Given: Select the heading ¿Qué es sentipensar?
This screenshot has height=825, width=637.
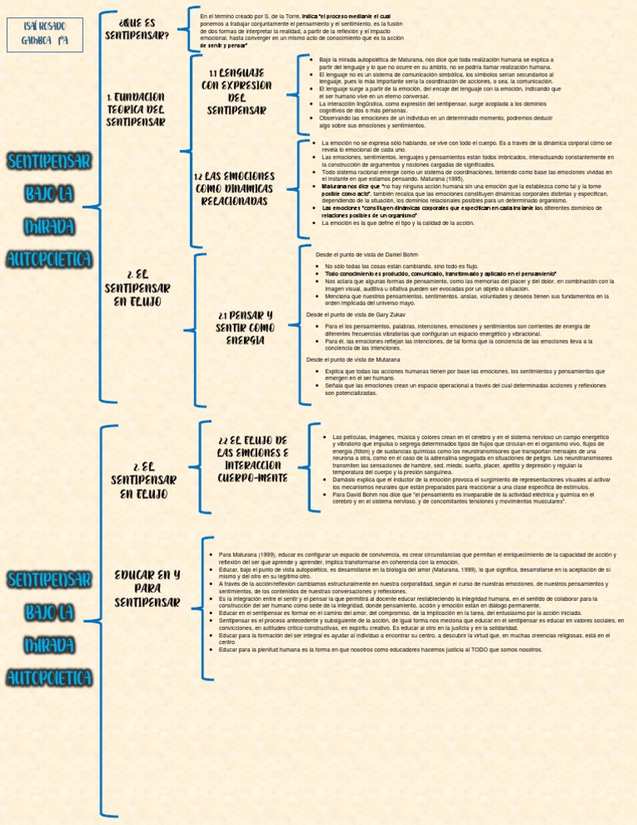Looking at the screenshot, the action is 138,28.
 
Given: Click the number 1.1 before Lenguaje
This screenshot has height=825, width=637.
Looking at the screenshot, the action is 215,73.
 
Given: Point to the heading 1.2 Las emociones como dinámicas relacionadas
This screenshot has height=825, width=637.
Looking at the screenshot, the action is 233,189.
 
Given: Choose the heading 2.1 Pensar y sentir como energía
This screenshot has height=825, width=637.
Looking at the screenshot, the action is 246,328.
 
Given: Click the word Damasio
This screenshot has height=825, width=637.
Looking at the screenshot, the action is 345,481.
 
